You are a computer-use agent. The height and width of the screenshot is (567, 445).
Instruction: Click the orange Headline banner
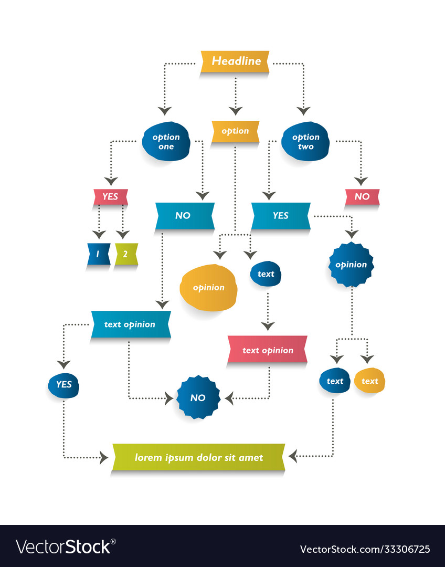[235, 61]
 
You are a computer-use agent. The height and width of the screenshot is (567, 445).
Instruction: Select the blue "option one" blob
[166, 141]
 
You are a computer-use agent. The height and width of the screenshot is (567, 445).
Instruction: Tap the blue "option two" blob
[305, 141]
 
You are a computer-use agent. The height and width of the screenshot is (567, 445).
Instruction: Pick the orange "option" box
[235, 131]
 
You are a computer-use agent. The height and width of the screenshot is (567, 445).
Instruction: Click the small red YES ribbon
[111, 197]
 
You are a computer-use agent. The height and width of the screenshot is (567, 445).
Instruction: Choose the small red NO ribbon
[362, 197]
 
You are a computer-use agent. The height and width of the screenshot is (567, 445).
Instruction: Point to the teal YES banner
[281, 216]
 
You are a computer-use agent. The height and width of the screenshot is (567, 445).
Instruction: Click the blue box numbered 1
[99, 254]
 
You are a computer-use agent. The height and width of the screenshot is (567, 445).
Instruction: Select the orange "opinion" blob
[208, 288]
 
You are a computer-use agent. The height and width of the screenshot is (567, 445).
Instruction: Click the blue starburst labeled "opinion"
[351, 265]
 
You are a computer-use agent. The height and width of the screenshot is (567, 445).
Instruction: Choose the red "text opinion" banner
[268, 350]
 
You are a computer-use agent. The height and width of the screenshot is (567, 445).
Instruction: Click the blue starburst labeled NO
[198, 397]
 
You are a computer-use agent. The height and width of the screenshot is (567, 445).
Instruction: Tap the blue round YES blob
[63, 384]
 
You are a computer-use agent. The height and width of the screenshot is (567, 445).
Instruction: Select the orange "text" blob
[369, 381]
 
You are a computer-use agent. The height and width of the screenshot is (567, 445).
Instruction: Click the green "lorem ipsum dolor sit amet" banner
[198, 457]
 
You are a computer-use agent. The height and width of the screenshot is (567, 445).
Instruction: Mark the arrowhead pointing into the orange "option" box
[235, 110]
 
